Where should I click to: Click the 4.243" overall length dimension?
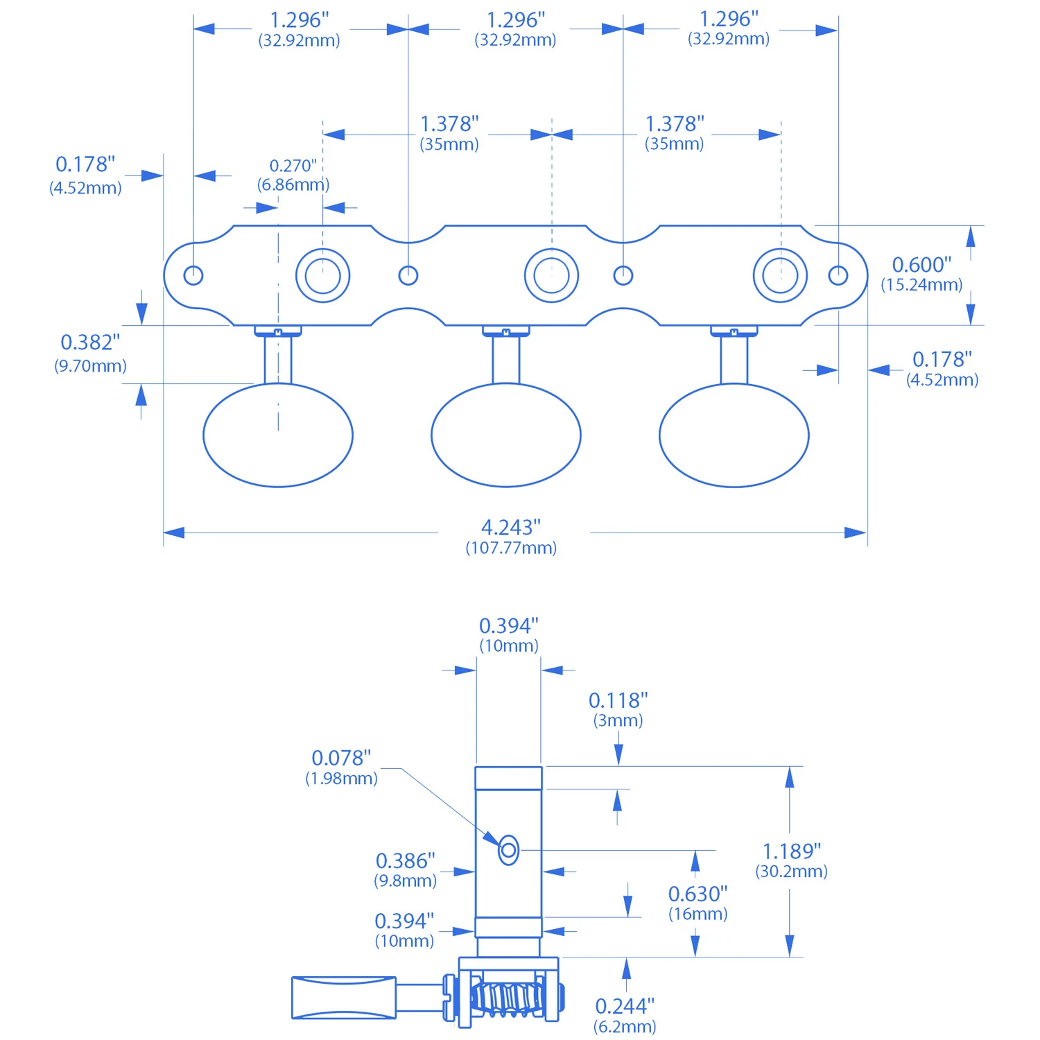point(512,536)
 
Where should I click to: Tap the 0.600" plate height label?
point(921,273)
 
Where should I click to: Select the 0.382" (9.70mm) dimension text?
point(90,352)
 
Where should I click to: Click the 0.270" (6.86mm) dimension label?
point(293,175)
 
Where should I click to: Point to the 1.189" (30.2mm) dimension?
point(792,860)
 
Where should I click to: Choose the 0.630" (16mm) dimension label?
point(697,903)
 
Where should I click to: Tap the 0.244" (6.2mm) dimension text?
point(625,1015)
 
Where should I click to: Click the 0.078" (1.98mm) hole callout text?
point(341,767)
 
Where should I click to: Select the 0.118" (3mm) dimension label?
point(618,709)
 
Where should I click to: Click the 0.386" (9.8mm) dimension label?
point(406,869)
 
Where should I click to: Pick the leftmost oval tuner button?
point(278,435)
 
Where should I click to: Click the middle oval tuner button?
point(506,435)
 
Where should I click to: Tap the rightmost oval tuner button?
point(734,435)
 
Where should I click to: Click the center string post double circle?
point(551,275)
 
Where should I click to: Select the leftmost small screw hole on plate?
point(193,275)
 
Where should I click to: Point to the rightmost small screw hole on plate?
point(838,275)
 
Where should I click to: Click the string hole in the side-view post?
point(508,849)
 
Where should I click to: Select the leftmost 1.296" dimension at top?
point(299,29)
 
